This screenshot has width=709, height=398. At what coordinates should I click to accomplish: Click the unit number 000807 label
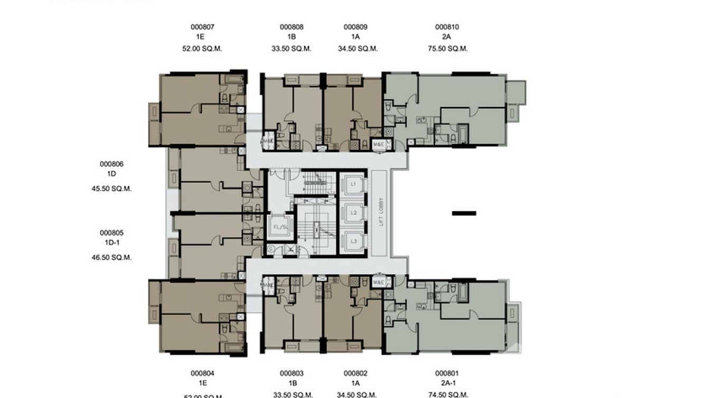tap(202, 27)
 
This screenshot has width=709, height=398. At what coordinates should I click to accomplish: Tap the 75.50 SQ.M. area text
tap(448, 49)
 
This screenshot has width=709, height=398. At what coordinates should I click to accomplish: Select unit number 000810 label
tap(447, 27)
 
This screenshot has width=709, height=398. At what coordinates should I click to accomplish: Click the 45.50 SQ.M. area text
tap(111, 188)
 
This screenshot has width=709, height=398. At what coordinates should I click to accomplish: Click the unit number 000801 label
tap(447, 373)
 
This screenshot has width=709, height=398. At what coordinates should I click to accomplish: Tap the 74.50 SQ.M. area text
tap(448, 394)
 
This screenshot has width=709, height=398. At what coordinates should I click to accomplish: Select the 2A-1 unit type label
tap(447, 383)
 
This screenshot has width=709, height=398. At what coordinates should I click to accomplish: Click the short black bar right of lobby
tap(464, 213)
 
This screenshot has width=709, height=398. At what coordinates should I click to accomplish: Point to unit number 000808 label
tap(292, 27)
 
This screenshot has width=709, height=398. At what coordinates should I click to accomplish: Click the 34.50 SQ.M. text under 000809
tap(358, 49)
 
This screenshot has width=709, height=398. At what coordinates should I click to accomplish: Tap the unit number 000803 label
tap(292, 373)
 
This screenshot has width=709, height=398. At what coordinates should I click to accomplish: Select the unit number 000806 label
tap(111, 164)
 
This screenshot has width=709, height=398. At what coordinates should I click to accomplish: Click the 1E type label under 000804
tap(202, 383)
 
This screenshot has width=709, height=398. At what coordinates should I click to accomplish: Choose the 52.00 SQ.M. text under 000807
tap(202, 49)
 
